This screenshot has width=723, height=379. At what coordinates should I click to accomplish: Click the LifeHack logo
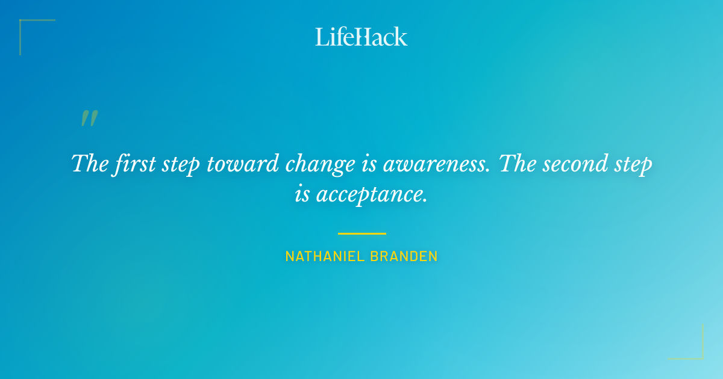(x=361, y=37)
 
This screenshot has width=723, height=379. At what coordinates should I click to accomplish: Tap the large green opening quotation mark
(x=89, y=118)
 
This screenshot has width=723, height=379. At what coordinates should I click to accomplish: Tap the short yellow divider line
(x=361, y=233)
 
